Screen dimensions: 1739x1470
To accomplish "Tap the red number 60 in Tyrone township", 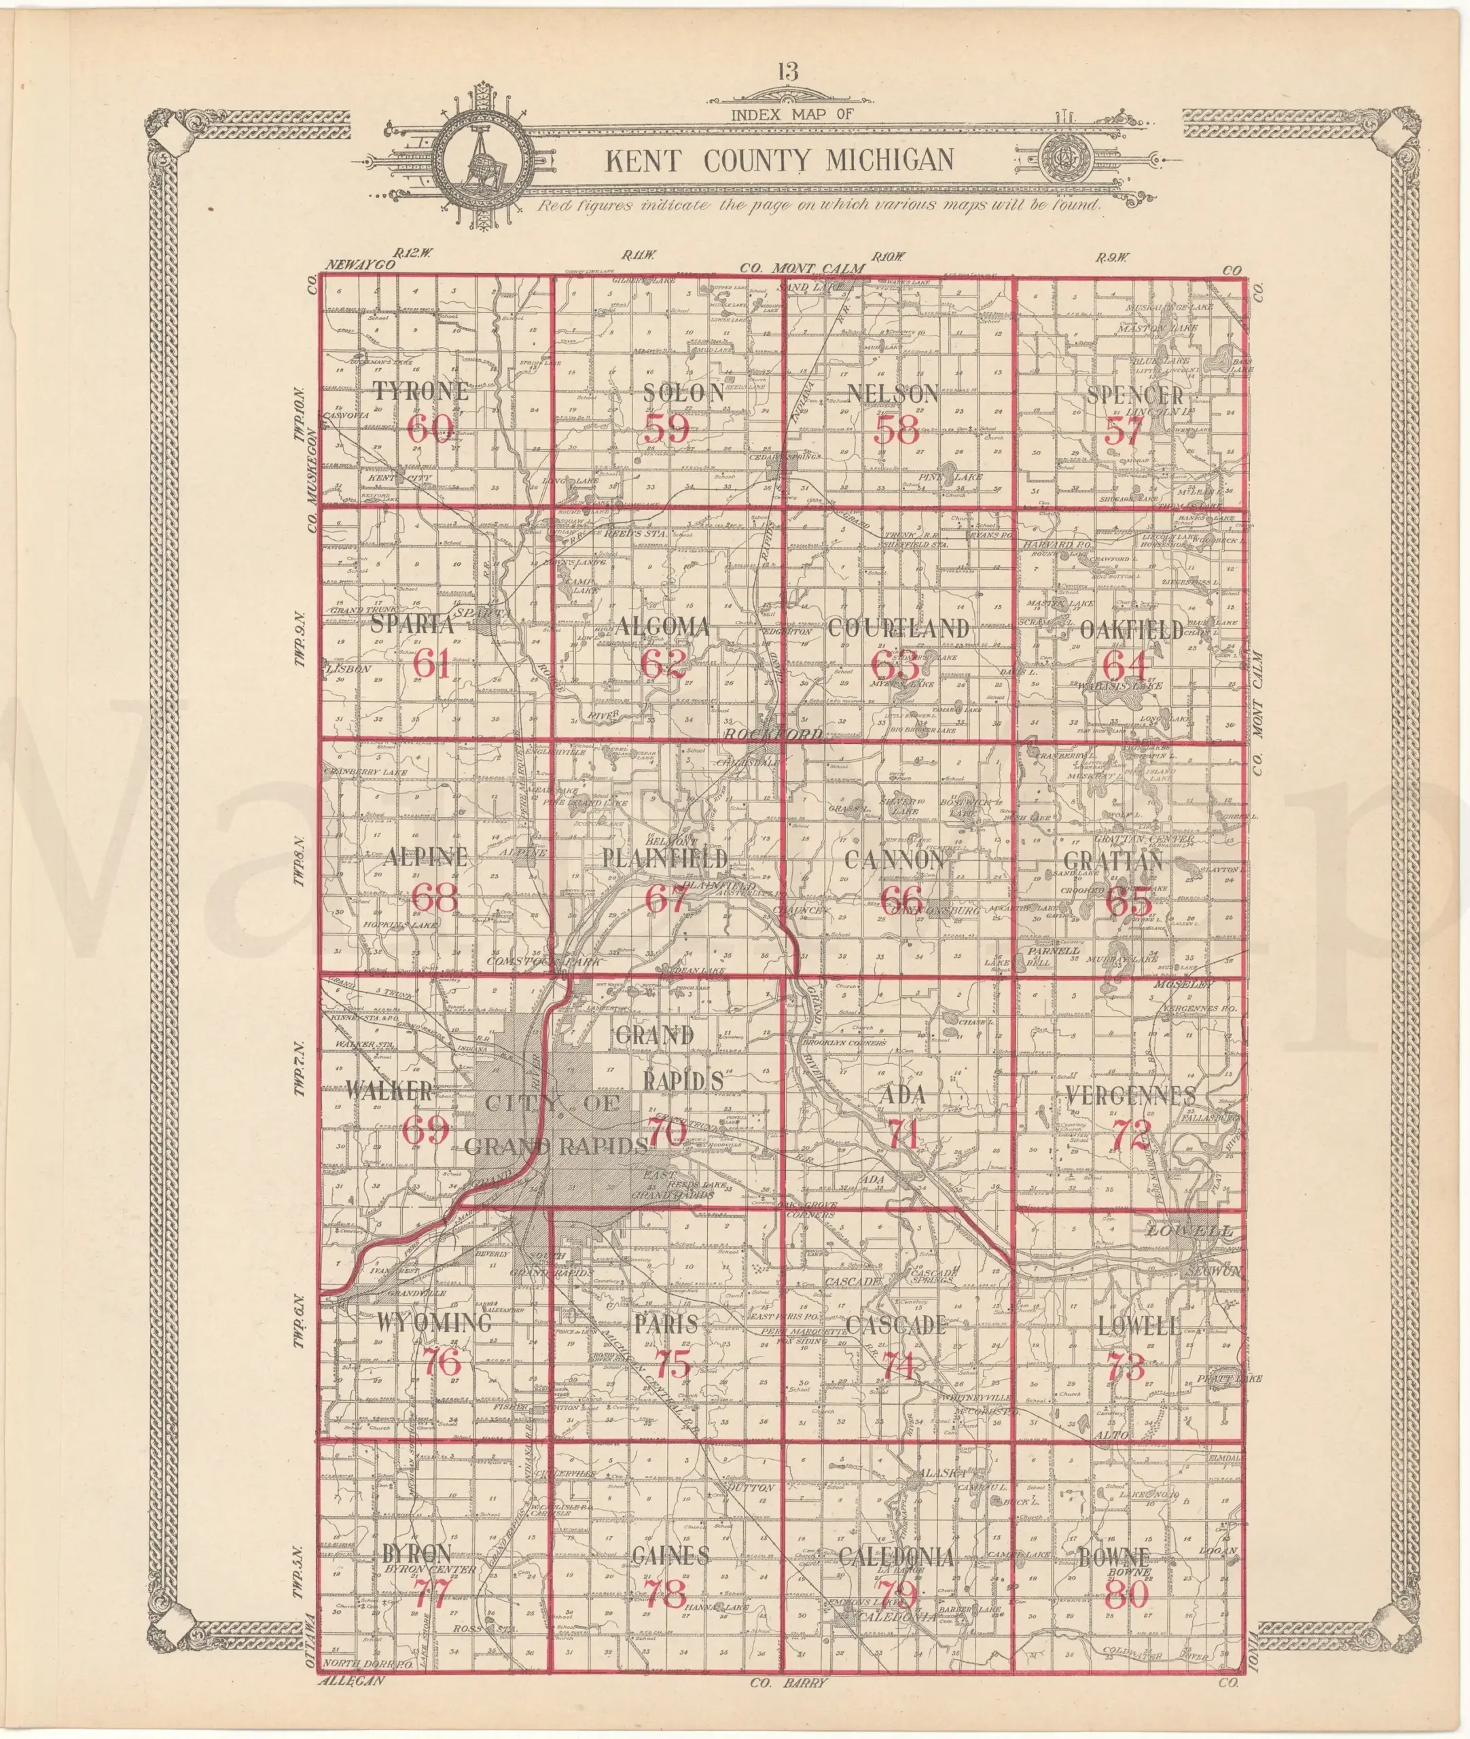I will point(431,429).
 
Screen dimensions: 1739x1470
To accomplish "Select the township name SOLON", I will point(683,393).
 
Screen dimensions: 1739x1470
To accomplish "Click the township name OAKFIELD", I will point(1132,630).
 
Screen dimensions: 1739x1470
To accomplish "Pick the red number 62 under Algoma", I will point(664,663).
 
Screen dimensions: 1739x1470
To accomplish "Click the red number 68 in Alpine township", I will point(435,898).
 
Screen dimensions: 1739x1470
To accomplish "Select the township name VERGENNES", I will point(1131,1096).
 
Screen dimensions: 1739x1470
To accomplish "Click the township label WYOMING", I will point(434,1323).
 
